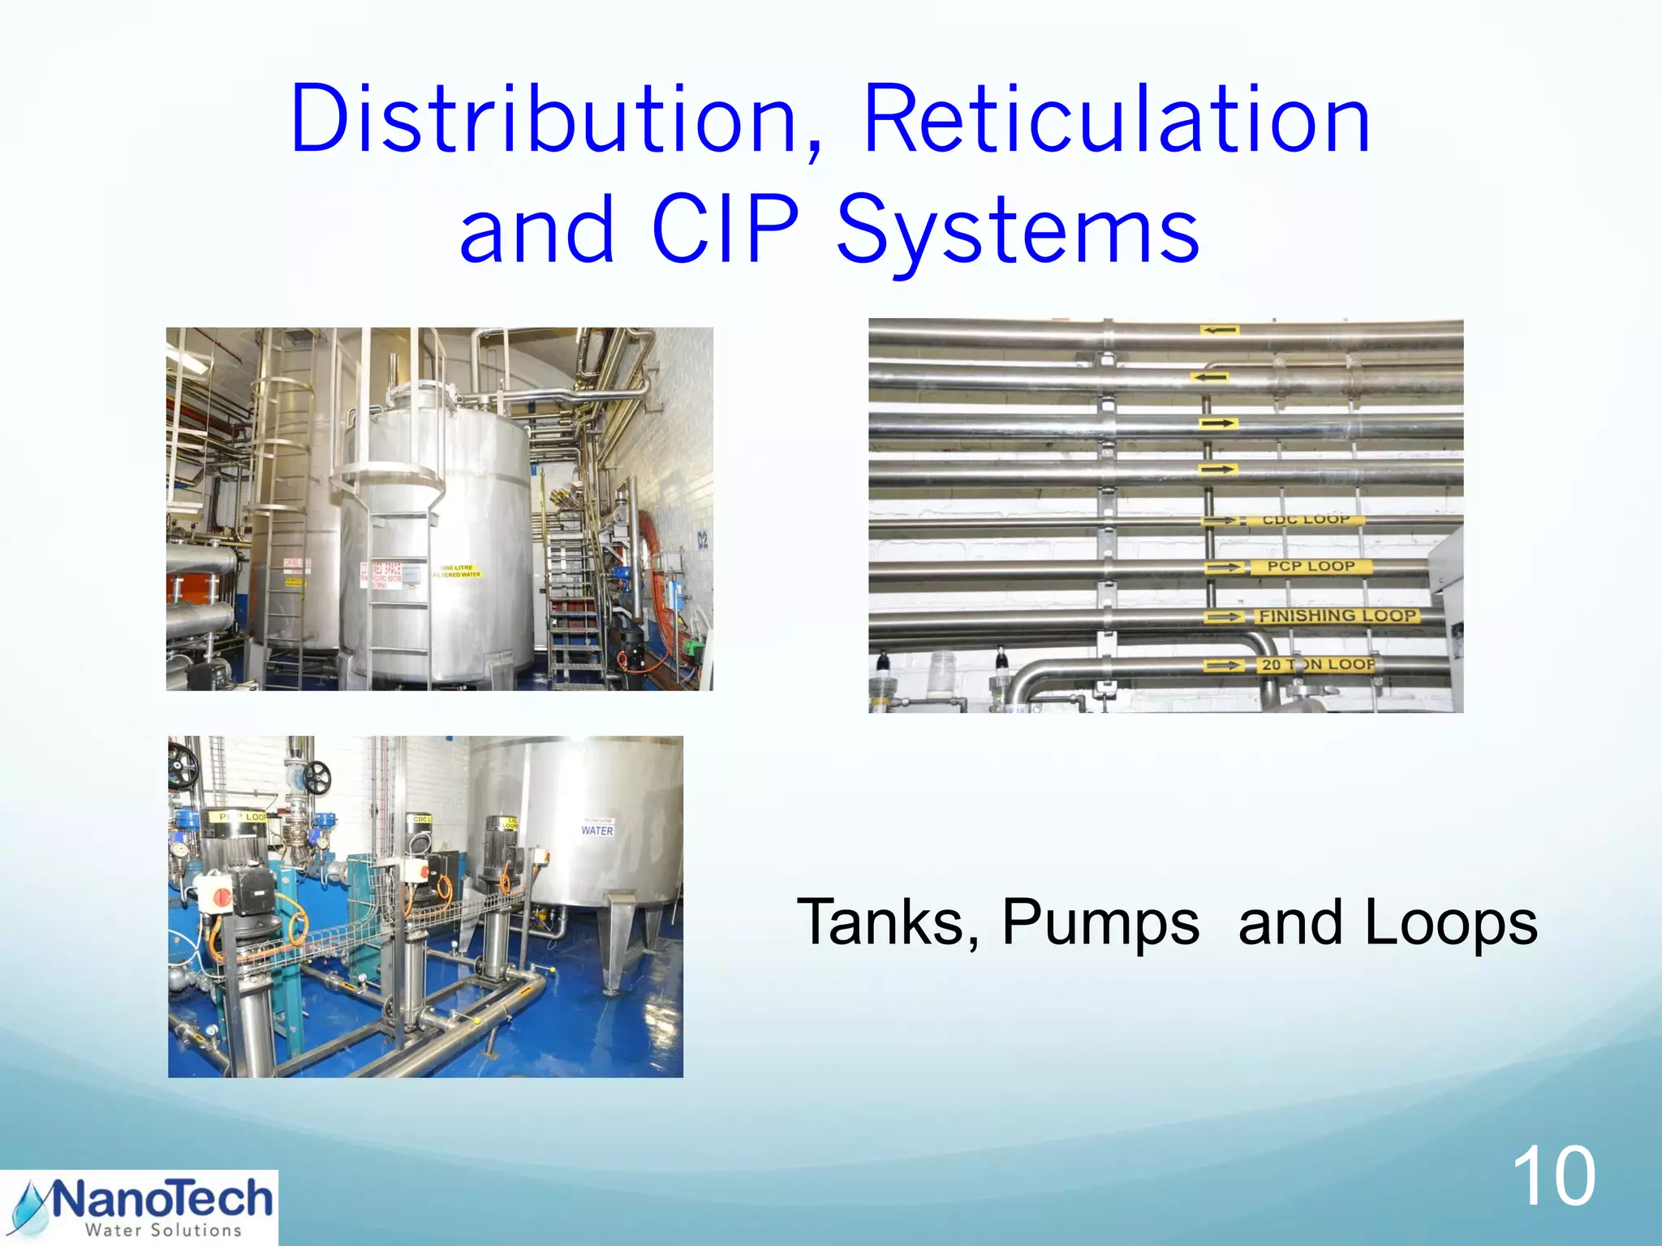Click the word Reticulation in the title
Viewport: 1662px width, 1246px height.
pyautogui.click(x=1117, y=120)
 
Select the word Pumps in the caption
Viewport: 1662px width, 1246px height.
pyautogui.click(x=1100, y=922)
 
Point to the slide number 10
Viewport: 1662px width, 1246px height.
pyautogui.click(x=1553, y=1177)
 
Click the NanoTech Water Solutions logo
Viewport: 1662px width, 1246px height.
pyautogui.click(x=139, y=1207)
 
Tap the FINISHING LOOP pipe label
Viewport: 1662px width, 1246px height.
pyautogui.click(x=1338, y=616)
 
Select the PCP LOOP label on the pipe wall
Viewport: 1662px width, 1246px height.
pyautogui.click(x=1311, y=566)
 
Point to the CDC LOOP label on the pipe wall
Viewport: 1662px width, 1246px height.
pyautogui.click(x=1305, y=519)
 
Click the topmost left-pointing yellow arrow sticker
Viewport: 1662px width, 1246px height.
pyautogui.click(x=1220, y=330)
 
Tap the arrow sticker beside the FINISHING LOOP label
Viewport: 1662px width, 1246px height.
pyautogui.click(x=1224, y=617)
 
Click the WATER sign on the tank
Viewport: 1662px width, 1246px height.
pyautogui.click(x=597, y=830)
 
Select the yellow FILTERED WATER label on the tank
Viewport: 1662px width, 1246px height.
pyautogui.click(x=458, y=571)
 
